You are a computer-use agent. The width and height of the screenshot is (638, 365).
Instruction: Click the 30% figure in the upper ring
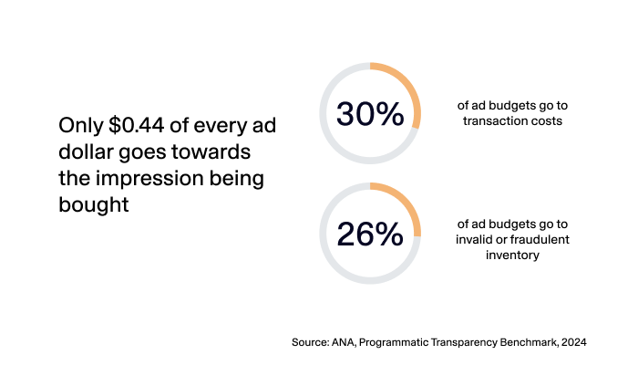(370, 114)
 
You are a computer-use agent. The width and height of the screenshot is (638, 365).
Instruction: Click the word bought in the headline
(93, 204)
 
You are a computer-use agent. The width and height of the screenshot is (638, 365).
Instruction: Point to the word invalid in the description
(475, 240)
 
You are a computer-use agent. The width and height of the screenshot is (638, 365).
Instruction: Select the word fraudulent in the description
(536, 240)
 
